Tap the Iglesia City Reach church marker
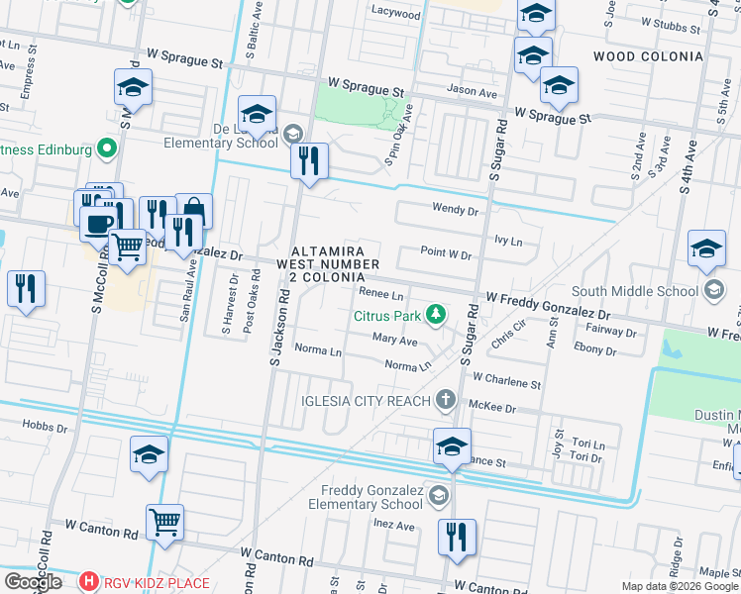point(446,400)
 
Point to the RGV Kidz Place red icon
point(89,581)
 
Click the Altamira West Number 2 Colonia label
point(328,264)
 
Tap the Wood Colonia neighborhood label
point(648,56)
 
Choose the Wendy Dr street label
point(455,210)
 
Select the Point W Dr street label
point(445,254)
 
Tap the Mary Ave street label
point(394,339)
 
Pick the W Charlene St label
point(506,379)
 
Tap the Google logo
point(33,582)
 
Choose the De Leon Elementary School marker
point(292,134)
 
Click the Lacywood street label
point(396,15)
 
